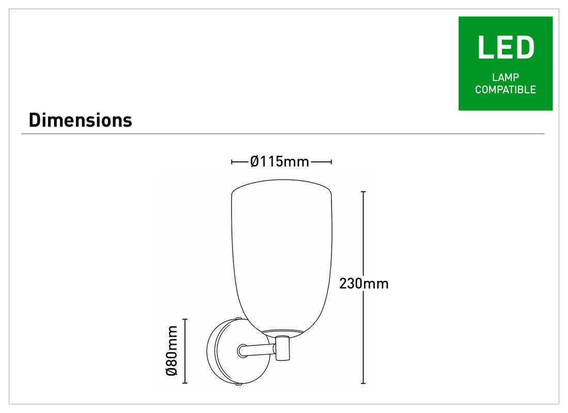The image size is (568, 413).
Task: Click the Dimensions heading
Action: coord(81,120)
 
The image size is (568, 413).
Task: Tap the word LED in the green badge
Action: coord(506,47)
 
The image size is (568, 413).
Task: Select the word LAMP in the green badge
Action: coord(506,77)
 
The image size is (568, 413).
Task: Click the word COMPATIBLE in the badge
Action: coord(506,89)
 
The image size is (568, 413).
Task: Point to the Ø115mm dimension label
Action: coord(279,162)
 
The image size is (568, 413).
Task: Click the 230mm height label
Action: coord(364,284)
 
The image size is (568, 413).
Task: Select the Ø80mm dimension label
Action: coord(172,351)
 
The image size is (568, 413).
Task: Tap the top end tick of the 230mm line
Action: coord(363,192)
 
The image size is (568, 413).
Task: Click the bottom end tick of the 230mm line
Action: coord(363,383)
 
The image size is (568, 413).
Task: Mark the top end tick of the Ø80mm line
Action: coord(185,319)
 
